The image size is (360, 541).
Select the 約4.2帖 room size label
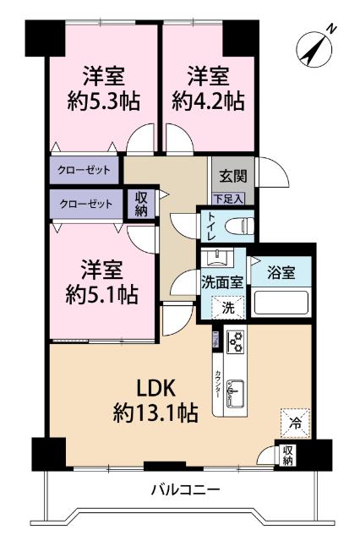click(x=207, y=101)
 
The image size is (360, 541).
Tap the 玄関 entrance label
click(x=232, y=177)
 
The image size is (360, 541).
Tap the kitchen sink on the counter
click(x=237, y=393)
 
